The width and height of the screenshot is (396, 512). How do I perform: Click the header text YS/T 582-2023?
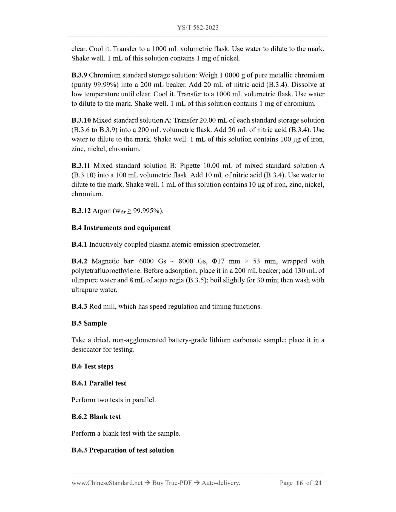(x=198, y=28)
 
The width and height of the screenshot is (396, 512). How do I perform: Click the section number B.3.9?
(x=79, y=75)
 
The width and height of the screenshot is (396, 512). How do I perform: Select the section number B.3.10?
(x=81, y=120)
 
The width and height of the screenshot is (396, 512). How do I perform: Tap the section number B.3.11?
(x=81, y=166)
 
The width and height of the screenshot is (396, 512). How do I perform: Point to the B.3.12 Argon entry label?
(x=81, y=211)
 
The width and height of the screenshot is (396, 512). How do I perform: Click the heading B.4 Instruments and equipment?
(x=121, y=228)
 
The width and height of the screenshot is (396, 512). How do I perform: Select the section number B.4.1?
(x=79, y=245)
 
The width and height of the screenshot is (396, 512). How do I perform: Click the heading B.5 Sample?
(x=89, y=323)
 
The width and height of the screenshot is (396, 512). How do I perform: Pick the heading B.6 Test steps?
(x=92, y=366)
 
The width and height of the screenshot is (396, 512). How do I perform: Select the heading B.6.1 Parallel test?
(x=99, y=383)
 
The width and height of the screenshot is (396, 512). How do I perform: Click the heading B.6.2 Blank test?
(x=96, y=417)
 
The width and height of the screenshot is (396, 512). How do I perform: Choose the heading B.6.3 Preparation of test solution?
(x=122, y=450)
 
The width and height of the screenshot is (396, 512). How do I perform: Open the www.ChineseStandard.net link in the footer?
(x=107, y=483)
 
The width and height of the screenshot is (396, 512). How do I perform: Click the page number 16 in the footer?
(x=300, y=483)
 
